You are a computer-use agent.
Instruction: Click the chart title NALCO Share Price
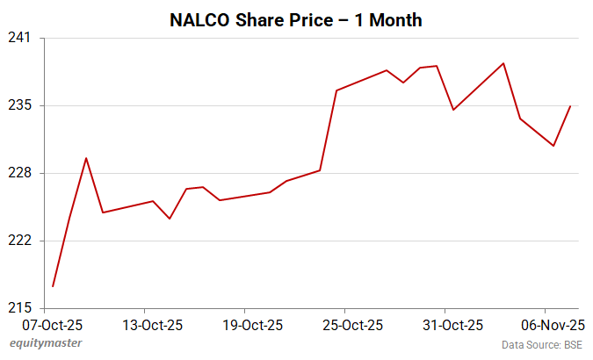(295, 18)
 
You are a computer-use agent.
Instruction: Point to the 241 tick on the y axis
(21, 38)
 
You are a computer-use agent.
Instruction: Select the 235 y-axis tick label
(21, 105)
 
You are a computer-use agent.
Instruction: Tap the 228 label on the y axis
(21, 173)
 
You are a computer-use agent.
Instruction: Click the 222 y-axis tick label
(21, 241)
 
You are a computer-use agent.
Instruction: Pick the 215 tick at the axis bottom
(21, 308)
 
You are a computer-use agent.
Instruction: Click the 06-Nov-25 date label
(546, 325)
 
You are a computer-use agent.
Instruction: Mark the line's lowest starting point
(53, 286)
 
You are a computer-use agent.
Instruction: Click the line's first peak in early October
(86, 158)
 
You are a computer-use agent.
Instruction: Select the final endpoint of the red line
(571, 106)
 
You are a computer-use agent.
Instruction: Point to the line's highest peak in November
(503, 63)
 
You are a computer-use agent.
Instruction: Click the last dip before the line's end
(553, 146)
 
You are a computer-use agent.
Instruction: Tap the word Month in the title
(393, 18)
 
